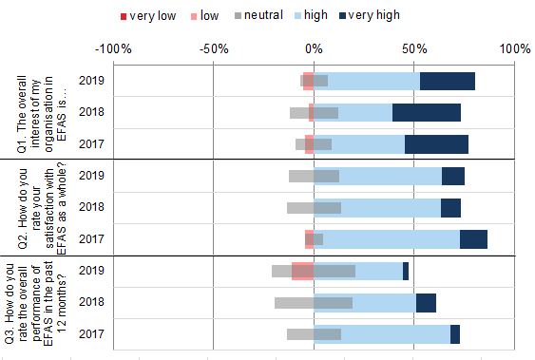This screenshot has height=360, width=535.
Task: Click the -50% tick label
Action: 213,48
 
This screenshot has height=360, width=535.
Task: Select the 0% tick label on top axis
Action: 314,48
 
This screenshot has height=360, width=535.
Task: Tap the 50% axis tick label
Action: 413,48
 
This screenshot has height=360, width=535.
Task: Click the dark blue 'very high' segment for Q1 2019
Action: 447,81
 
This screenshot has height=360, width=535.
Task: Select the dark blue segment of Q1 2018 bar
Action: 426,113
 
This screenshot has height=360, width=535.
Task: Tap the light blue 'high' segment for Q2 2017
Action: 391,239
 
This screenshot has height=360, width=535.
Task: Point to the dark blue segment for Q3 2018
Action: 426,303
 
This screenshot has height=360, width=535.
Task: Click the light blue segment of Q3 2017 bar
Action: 395,334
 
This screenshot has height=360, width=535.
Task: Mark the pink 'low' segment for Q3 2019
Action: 302,271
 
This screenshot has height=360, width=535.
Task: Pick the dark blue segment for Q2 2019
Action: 453,176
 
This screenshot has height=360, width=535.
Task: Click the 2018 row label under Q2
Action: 91,207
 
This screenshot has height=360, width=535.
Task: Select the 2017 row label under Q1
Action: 91,144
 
